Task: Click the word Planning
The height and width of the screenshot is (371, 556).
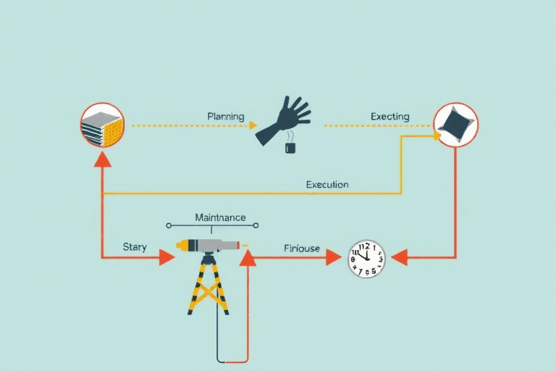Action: pyautogui.click(x=225, y=116)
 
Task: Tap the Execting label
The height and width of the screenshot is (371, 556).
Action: pyautogui.click(x=389, y=116)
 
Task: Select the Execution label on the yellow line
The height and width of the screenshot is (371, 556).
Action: pyautogui.click(x=327, y=184)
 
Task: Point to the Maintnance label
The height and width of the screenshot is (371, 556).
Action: pyautogui.click(x=220, y=217)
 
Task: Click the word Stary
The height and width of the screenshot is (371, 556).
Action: pyautogui.click(x=134, y=247)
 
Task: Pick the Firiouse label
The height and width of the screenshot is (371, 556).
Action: pyautogui.click(x=301, y=249)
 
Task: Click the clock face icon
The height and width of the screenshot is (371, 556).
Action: pyautogui.click(x=366, y=258)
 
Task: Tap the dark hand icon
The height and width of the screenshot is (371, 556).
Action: pyautogui.click(x=285, y=120)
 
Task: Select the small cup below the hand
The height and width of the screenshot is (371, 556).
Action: pyautogui.click(x=290, y=148)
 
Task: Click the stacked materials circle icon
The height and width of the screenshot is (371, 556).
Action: pyautogui.click(x=101, y=125)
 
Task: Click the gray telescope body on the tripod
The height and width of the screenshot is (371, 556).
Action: pyautogui.click(x=214, y=246)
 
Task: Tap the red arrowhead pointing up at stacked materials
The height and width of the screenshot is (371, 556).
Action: pyautogui.click(x=102, y=159)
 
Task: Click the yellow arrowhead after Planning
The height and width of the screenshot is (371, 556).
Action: pyautogui.click(x=253, y=125)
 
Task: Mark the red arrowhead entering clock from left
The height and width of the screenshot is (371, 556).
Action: pyautogui.click(x=334, y=257)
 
